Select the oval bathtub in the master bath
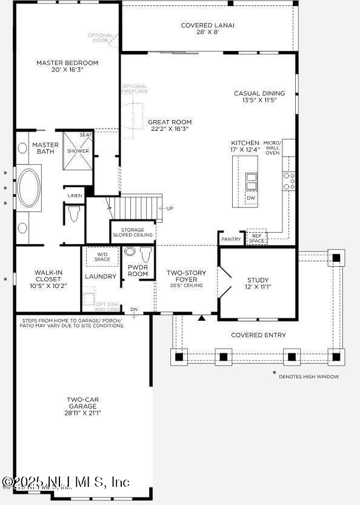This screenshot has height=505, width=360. pos(28,188)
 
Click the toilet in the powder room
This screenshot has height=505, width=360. pos(130,252)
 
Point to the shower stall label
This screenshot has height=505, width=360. pos(78,150)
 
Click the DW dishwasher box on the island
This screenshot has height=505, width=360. pos(251,198)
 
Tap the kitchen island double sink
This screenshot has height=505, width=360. pos(251,181)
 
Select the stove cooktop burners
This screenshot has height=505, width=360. pos(289,181)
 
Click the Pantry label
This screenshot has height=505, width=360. pos(231,239)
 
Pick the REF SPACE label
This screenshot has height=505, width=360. pos(257,238)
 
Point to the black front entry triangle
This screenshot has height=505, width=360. pos(202,316)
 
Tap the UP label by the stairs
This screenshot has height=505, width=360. pos(170,209)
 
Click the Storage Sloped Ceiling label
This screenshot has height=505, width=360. pos(133,232)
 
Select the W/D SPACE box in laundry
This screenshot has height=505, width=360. pos(102,256)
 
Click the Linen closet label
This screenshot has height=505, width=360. pos(75,195)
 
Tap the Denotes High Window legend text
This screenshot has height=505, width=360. pos(308,376)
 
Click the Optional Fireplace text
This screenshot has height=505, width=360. pos(135,89)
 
